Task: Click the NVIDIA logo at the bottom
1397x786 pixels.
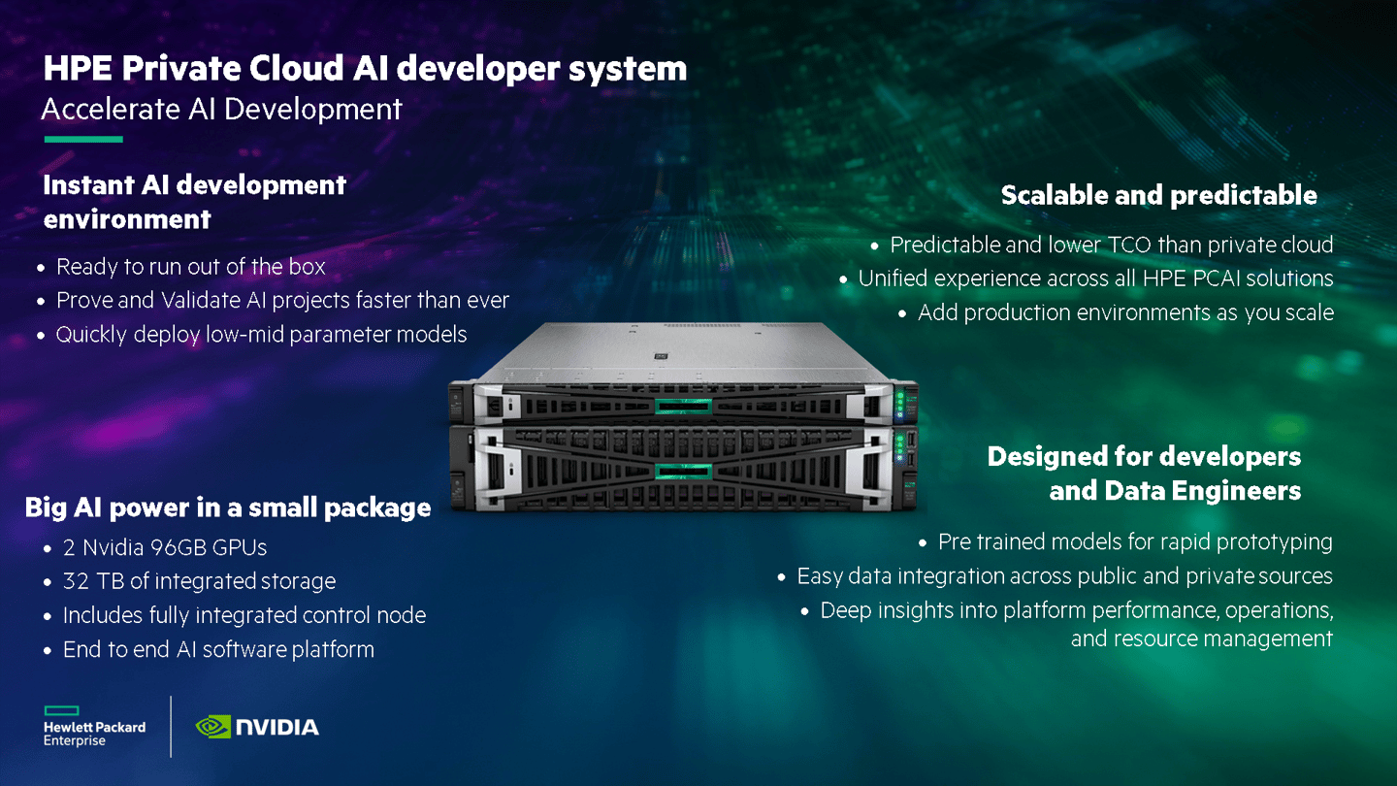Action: [x=257, y=726]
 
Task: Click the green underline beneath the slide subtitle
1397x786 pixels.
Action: [x=83, y=140]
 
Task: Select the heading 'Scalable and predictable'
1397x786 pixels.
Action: [x=1158, y=195]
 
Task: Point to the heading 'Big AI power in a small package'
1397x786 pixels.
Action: [x=228, y=507]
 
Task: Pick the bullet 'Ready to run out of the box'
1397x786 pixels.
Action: [x=190, y=266]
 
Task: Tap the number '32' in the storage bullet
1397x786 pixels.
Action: [x=77, y=581]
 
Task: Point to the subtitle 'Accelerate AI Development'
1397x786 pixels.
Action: [x=221, y=109]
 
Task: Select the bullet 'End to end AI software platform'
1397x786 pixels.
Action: [x=218, y=649]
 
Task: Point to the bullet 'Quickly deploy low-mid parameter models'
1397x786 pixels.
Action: [x=261, y=334]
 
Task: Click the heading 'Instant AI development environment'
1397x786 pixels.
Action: [x=194, y=201]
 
